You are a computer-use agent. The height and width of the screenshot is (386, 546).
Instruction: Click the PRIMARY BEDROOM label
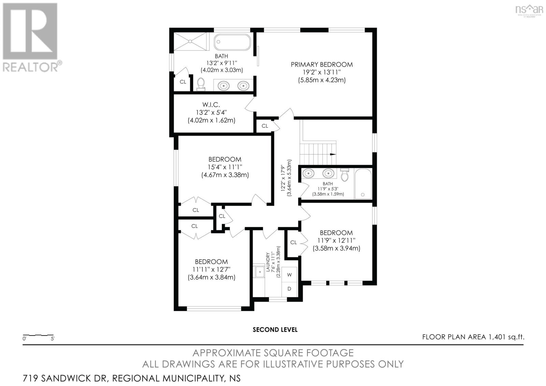click(x=322, y=65)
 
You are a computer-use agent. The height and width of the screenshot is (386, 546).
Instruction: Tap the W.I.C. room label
click(x=211, y=105)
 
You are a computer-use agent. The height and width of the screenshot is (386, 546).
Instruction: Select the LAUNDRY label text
click(x=268, y=262)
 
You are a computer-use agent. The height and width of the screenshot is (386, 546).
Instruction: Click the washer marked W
click(x=289, y=275)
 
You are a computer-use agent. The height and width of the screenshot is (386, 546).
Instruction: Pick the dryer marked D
click(x=289, y=289)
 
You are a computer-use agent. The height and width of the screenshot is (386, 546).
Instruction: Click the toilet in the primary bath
click(x=201, y=84)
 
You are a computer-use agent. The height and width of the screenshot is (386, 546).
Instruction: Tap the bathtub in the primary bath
click(x=232, y=42)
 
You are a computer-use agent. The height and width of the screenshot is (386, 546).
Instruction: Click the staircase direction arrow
click(x=332, y=154)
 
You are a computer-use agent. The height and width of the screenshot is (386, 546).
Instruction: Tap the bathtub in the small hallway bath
click(x=363, y=184)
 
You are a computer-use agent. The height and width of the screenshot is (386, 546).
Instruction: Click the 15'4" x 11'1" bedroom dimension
click(x=225, y=167)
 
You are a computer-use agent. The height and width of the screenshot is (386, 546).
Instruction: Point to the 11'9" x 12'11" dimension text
click(x=336, y=240)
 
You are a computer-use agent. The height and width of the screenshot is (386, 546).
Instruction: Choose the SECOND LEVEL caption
click(x=275, y=330)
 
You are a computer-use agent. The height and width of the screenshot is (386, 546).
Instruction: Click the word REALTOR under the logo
click(x=30, y=67)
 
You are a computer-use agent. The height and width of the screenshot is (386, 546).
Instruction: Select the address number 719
click(x=30, y=378)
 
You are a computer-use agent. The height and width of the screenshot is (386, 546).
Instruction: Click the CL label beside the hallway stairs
click(x=265, y=126)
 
